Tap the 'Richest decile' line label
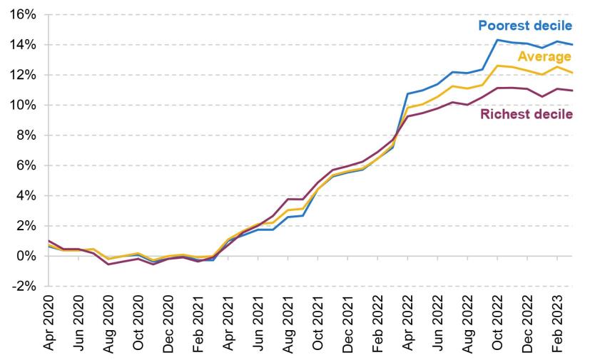[x=527, y=114]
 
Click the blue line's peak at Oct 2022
[x=497, y=40]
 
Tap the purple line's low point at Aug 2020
[x=109, y=264]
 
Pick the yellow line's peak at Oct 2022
[x=497, y=66]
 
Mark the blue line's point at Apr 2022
[x=407, y=93]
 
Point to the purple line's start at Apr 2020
[x=49, y=241]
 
